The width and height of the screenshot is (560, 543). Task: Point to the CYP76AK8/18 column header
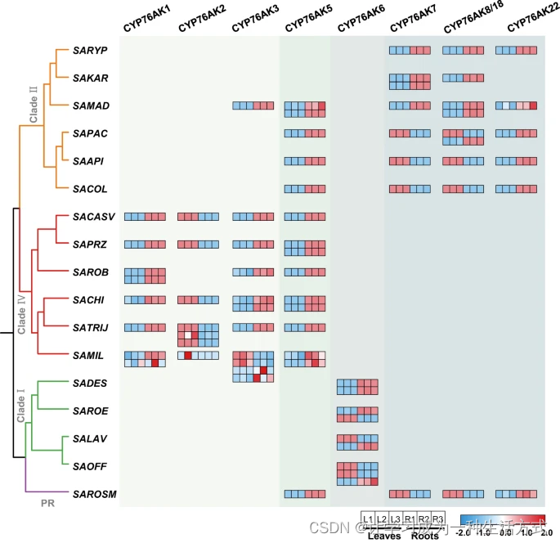pyautogui.click(x=468, y=25)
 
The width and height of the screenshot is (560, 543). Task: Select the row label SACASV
pyautogui.click(x=92, y=217)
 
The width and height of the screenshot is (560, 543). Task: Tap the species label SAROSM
pyautogui.click(x=92, y=495)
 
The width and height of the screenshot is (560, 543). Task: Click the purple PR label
pyautogui.click(x=48, y=504)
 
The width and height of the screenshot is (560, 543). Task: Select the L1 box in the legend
pyautogui.click(x=368, y=519)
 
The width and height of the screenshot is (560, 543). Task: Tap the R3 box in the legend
pyautogui.click(x=437, y=519)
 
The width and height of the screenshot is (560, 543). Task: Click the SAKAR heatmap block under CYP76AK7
pyautogui.click(x=409, y=82)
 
